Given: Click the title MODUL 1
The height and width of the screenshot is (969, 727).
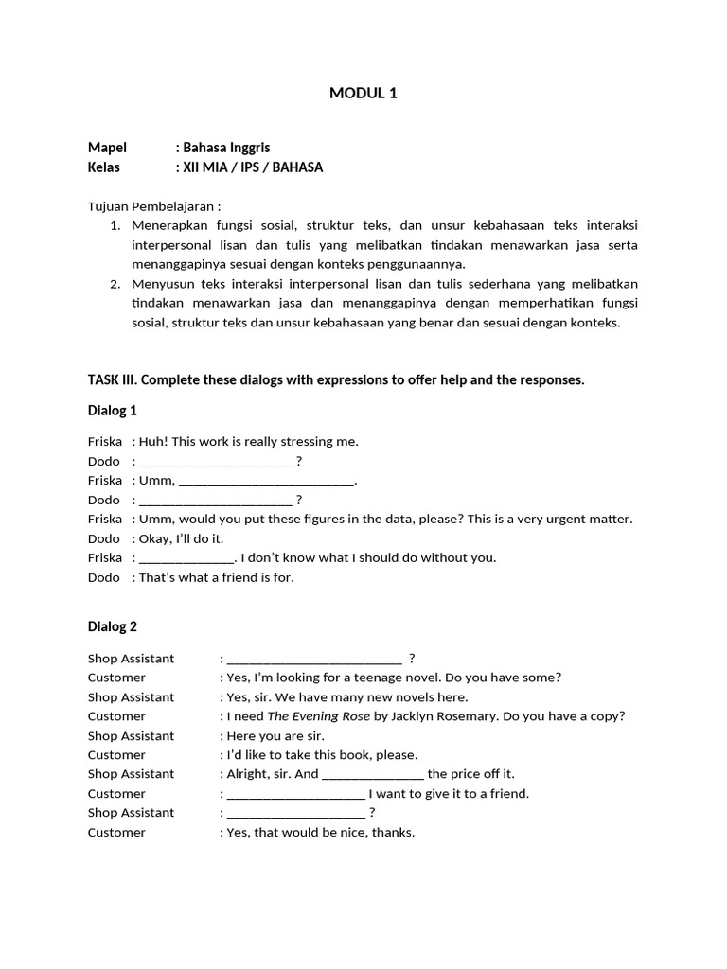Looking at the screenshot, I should coord(363,93).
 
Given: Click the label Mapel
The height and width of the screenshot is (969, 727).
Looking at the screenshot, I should coord(107,148).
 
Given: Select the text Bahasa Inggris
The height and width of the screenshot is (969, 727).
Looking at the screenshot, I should coord(226,148).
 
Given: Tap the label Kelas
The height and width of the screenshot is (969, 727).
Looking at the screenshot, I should coord(106,167).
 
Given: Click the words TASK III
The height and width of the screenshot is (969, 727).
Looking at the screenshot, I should coord(114,380).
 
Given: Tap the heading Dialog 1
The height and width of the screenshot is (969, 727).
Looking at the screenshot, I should coord(113,411).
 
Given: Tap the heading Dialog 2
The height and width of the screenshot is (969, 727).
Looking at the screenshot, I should coord(113,626).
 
